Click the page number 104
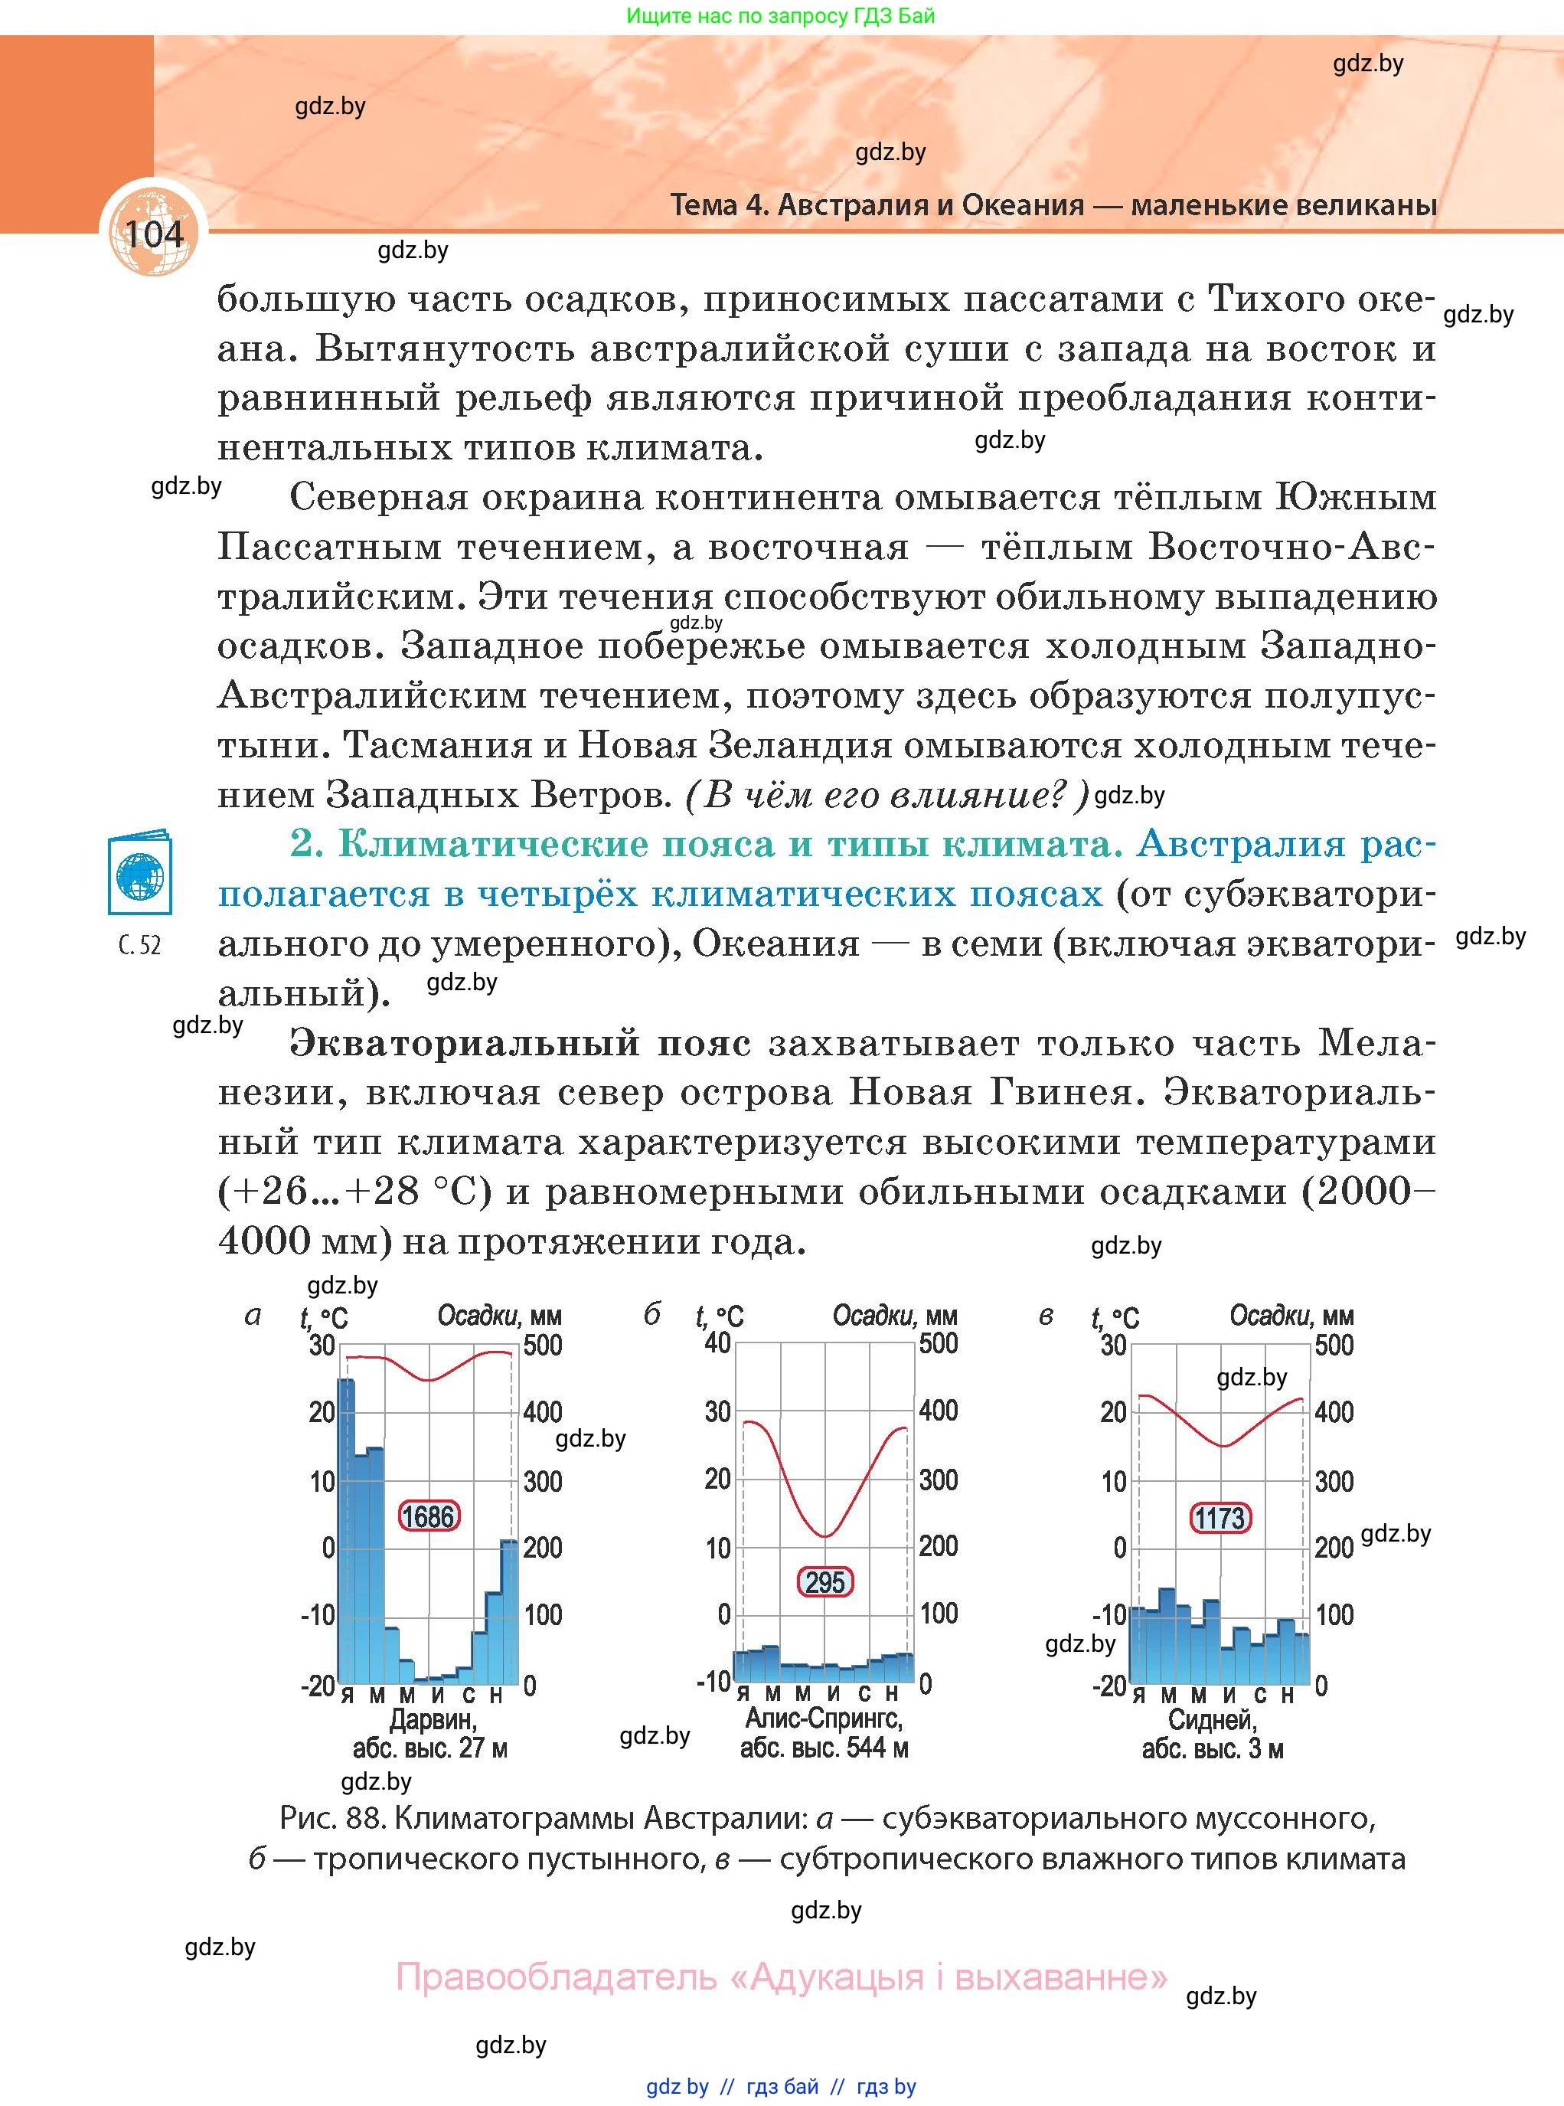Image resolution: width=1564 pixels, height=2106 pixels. click(x=152, y=234)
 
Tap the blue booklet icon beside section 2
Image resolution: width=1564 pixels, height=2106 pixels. click(x=140, y=872)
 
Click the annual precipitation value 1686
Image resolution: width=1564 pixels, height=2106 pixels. click(x=428, y=1516)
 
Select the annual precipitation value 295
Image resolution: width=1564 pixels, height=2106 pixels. click(x=824, y=1581)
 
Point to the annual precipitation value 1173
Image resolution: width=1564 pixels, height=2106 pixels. click(x=1220, y=1518)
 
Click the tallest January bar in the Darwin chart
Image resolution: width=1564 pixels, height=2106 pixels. click(x=347, y=1534)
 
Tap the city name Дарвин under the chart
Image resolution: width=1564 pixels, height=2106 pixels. click(x=433, y=1718)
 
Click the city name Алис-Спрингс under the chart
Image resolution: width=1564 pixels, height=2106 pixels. click(x=824, y=1718)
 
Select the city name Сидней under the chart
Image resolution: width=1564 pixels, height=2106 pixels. click(x=1212, y=1718)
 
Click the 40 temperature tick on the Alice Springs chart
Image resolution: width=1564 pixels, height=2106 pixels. click(x=717, y=1342)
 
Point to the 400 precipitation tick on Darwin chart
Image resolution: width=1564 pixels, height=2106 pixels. click(x=543, y=1412)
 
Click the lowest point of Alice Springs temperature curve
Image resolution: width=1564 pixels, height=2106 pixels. click(x=825, y=1536)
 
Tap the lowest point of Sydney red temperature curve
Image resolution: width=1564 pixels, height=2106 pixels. click(x=1223, y=1446)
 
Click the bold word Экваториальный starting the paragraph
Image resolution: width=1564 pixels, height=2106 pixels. click(x=464, y=1042)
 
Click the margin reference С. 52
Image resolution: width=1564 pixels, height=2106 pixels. click(x=140, y=945)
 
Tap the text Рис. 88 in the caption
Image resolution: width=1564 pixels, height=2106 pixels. click(x=331, y=1817)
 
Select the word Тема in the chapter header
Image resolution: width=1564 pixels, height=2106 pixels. click(x=704, y=204)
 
